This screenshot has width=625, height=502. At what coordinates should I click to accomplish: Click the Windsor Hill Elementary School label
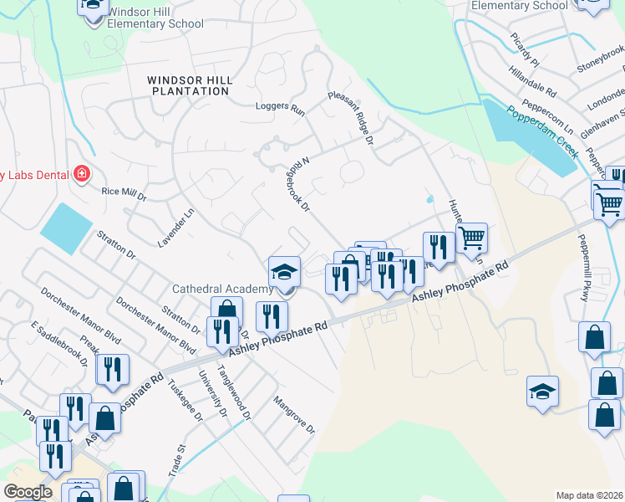point(155,18)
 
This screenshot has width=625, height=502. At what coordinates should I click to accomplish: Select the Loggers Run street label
point(280,107)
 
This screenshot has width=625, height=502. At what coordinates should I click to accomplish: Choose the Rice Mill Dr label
point(124,193)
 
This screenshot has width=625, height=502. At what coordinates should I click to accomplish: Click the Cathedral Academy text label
point(222,289)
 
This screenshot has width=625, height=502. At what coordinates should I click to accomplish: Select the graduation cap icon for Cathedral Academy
point(284,272)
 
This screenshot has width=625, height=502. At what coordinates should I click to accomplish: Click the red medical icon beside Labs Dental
point(81,174)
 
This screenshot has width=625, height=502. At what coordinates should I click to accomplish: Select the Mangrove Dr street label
point(293,414)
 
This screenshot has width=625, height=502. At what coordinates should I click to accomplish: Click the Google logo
point(27,492)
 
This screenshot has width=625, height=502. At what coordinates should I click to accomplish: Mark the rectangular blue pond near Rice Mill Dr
point(65,228)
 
